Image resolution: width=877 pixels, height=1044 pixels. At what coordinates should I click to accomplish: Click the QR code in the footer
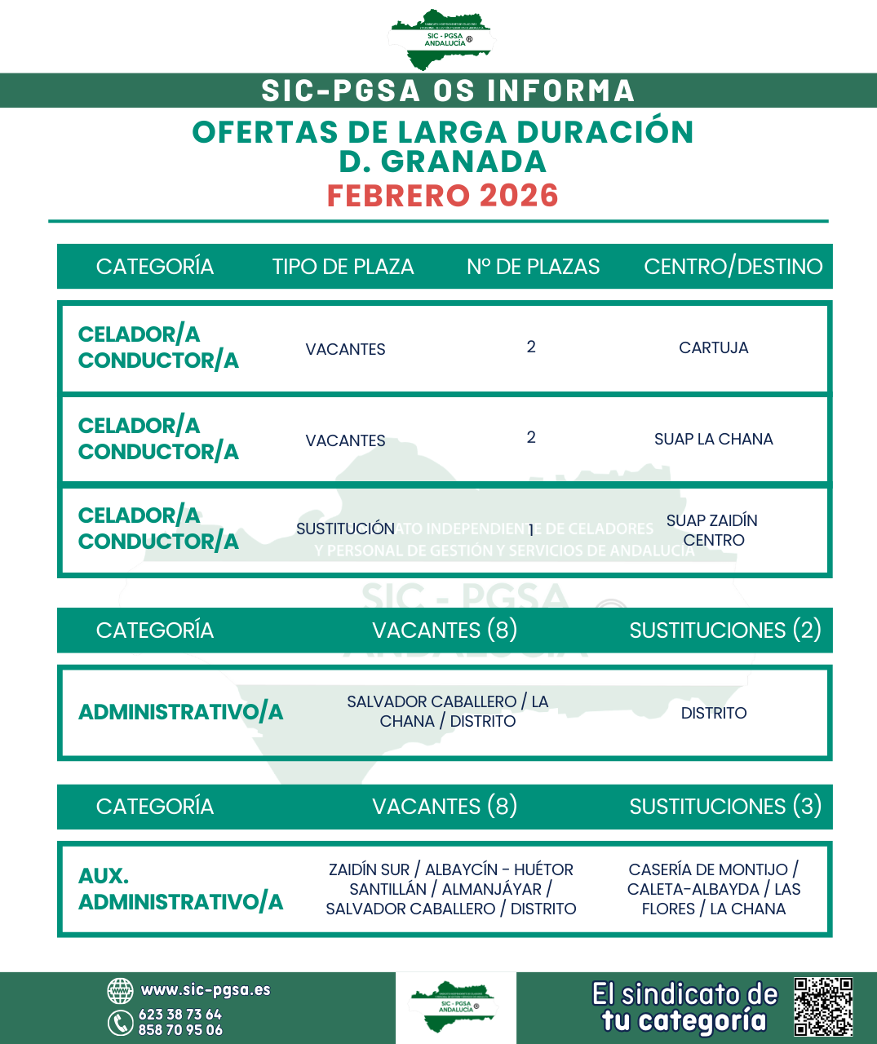(x=823, y=1006)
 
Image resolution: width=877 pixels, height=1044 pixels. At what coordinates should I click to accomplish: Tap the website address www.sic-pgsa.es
(x=205, y=990)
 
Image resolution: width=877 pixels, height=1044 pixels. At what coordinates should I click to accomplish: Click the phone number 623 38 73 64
(x=179, y=1015)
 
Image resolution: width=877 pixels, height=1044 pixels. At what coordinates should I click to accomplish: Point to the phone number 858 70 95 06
(x=179, y=1030)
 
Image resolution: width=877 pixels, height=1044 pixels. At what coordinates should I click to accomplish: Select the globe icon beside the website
(x=120, y=991)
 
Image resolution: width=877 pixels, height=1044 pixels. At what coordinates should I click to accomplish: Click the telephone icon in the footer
(x=120, y=1022)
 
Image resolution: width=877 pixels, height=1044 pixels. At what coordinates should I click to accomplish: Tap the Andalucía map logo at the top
(x=441, y=38)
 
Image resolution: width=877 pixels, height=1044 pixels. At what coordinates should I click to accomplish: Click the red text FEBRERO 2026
(x=442, y=196)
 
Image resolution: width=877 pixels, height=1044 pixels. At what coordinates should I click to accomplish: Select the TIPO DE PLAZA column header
(x=343, y=267)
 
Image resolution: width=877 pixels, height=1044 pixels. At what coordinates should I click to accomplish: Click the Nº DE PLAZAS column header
(x=533, y=267)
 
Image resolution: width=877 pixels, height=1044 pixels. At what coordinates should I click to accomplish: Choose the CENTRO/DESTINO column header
(x=733, y=267)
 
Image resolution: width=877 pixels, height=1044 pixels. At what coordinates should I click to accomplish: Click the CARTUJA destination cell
(x=713, y=347)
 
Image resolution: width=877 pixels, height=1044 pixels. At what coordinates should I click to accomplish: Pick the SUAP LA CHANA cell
(x=713, y=439)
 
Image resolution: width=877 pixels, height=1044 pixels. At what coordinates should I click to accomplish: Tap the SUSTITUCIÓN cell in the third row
(x=345, y=529)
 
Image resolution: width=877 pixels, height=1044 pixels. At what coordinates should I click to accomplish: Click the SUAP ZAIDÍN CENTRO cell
(x=712, y=530)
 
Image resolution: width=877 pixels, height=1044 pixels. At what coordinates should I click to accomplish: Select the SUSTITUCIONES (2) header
(x=724, y=630)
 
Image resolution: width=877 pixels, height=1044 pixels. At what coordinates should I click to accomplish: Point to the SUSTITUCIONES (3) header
(x=724, y=807)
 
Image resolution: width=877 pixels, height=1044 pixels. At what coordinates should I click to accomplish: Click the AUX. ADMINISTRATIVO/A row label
(x=180, y=889)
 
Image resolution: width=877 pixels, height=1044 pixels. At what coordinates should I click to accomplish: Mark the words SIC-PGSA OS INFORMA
(x=447, y=91)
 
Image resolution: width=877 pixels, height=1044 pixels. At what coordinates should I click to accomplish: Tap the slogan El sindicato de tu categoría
(x=684, y=1007)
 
